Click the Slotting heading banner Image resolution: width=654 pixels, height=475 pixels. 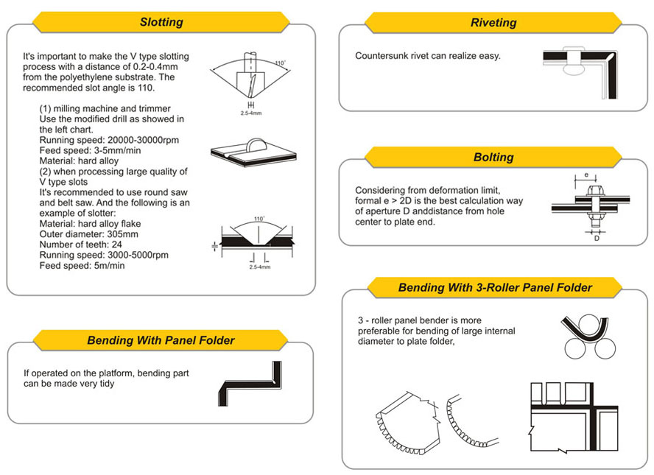161,22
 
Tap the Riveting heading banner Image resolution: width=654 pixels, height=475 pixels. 493,23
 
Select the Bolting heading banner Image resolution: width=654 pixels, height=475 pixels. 493,157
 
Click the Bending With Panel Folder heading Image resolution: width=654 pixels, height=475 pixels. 161,340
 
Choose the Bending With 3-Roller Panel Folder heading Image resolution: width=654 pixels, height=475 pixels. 495,287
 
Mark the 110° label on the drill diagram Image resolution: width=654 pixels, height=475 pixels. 279,63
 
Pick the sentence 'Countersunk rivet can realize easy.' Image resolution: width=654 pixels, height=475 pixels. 428,56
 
